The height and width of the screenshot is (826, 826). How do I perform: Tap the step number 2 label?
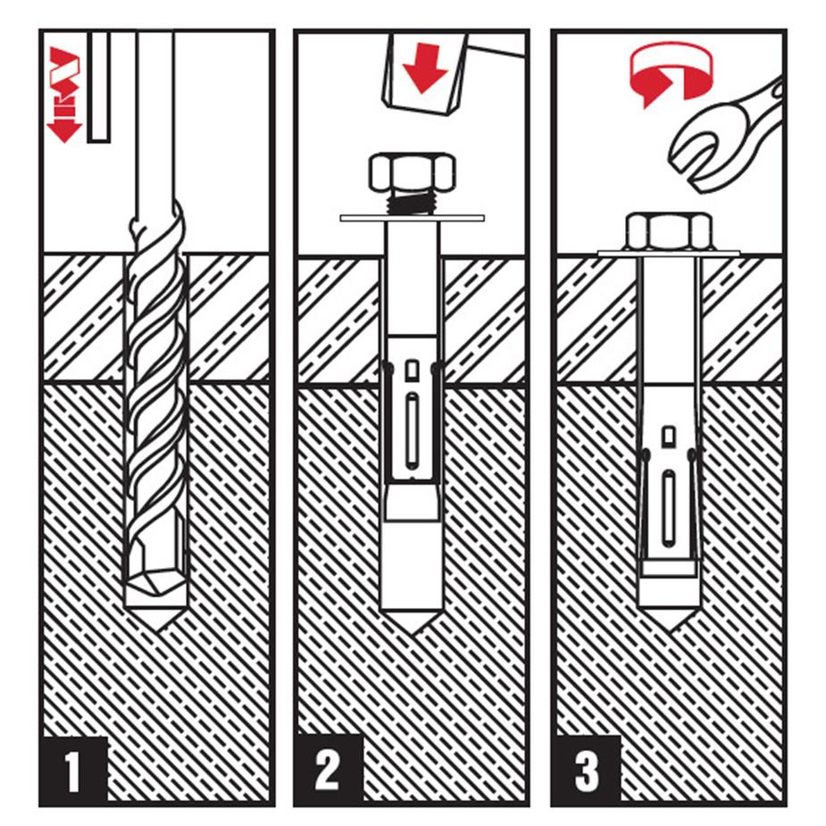(x=328, y=770)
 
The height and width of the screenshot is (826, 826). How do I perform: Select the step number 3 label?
(x=587, y=770)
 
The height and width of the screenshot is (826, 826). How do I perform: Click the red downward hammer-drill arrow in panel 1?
(x=64, y=94)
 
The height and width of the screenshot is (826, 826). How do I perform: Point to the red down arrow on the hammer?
(x=424, y=68)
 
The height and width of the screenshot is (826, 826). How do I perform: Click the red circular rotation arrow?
(x=671, y=72)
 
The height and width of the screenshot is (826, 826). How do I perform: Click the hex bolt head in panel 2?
(x=412, y=172)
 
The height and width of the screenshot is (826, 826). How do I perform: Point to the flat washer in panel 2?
(x=412, y=218)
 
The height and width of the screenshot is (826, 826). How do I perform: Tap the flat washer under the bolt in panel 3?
(x=669, y=254)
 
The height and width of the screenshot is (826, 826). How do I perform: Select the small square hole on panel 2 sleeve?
(x=412, y=371)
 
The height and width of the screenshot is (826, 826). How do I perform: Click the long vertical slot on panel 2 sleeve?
(x=412, y=430)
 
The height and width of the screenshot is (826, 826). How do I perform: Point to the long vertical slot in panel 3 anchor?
(x=669, y=508)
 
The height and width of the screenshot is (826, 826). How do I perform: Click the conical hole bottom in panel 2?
(x=412, y=622)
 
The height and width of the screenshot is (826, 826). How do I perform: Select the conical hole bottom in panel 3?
(x=670, y=619)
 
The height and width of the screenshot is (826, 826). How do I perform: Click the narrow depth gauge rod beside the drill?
(x=99, y=87)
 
